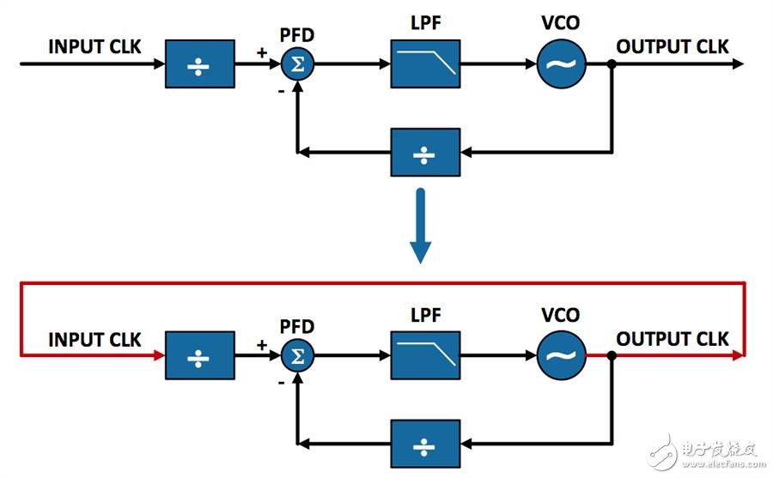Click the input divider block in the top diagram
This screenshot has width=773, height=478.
click(x=200, y=64)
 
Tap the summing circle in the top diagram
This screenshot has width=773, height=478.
click(x=297, y=64)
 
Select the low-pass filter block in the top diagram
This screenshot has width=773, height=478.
click(x=425, y=64)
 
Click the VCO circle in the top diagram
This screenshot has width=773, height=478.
click(x=562, y=64)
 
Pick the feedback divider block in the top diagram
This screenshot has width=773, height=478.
click(x=425, y=152)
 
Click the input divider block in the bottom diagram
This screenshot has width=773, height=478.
click(x=200, y=354)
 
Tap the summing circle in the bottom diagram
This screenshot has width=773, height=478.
click(x=297, y=354)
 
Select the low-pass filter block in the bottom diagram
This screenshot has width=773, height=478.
click(x=425, y=354)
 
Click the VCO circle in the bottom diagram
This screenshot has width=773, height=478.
click(x=562, y=354)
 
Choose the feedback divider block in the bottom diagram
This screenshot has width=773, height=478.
click(x=425, y=443)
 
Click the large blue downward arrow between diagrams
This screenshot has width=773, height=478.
click(x=421, y=225)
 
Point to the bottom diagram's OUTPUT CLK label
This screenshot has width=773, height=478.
click(x=673, y=338)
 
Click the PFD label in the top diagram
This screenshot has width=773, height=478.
click(x=297, y=36)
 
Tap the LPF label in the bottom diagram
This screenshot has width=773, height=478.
click(x=425, y=315)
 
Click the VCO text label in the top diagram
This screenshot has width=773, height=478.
click(x=562, y=24)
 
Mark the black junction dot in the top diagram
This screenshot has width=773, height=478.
click(x=611, y=64)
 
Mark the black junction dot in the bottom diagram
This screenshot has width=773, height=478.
click(x=611, y=354)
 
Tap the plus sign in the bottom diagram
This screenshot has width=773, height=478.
click(x=262, y=345)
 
